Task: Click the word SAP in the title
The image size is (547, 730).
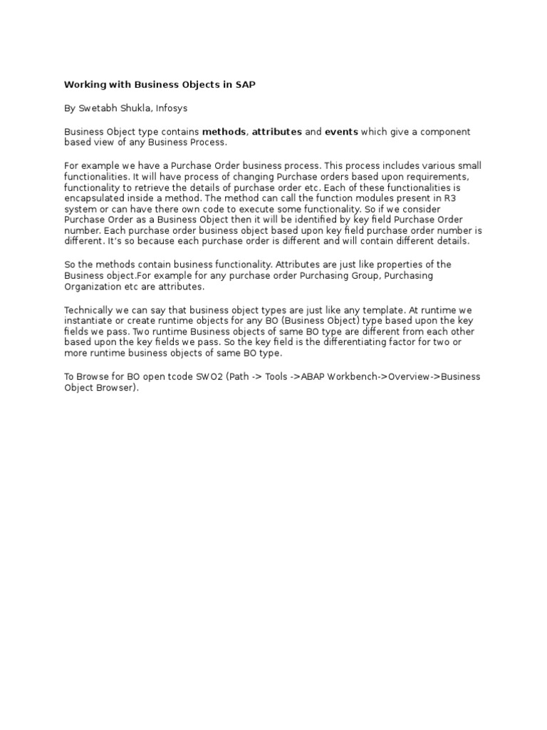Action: coord(246,85)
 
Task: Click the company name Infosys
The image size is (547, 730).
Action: coord(171,108)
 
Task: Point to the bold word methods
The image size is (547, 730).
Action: coord(224,132)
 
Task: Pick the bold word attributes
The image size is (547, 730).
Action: coord(276,132)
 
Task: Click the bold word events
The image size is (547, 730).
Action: coord(341,132)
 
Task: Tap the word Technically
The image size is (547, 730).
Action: coord(89,311)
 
